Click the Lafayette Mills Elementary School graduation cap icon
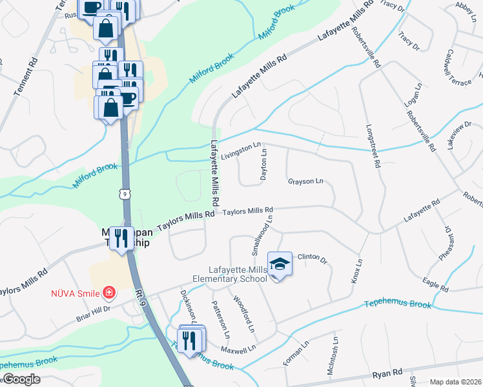(x=280, y=264)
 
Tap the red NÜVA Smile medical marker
(x=108, y=293)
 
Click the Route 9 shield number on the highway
(x=124, y=192)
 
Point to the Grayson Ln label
(x=305, y=182)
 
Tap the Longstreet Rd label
(x=373, y=146)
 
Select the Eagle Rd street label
(x=435, y=284)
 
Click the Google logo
(x=21, y=379)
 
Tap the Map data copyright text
(x=455, y=382)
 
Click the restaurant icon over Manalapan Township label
(x=121, y=239)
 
